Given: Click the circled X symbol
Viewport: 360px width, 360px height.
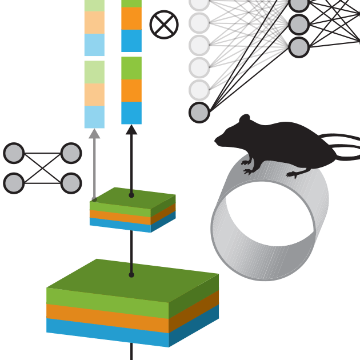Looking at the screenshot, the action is (164, 25).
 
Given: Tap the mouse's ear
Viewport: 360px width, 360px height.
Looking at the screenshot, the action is (245, 120).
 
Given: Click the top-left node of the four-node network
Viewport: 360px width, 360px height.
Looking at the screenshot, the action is (14, 153).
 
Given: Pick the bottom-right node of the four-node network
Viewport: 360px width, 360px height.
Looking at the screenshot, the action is (71, 183).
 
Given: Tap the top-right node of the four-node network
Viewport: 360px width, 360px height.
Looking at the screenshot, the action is (71, 153).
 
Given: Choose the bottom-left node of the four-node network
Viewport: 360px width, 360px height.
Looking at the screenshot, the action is (14, 183).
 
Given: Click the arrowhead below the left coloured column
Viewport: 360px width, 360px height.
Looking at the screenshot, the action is (94, 134).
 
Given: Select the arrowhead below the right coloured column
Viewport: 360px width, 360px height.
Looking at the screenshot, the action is (131, 130).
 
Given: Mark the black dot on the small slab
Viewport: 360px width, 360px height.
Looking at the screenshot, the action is (131, 195).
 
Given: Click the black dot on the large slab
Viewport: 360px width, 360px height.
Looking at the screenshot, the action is (131, 275).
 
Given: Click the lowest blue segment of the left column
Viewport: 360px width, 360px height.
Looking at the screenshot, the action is (94, 117).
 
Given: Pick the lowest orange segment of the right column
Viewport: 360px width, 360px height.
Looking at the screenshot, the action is (131, 90).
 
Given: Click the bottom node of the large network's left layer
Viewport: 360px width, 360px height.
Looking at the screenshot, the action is (199, 113).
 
